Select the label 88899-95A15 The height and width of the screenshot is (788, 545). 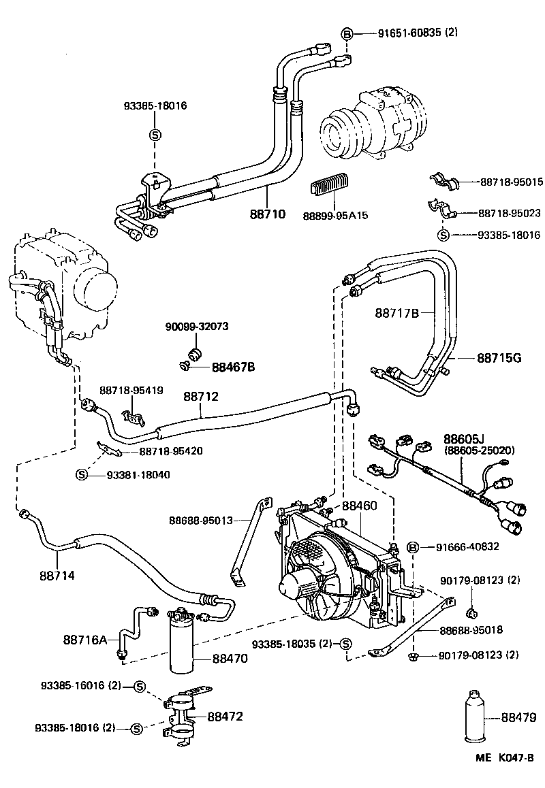(x=335, y=215)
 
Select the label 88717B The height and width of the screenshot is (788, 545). (x=396, y=313)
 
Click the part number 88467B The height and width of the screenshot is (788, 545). (x=233, y=367)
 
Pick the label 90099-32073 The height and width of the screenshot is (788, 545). (x=197, y=327)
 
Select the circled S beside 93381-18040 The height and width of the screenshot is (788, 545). (x=82, y=474)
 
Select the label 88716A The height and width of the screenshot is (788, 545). (x=85, y=640)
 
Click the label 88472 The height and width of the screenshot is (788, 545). (x=225, y=716)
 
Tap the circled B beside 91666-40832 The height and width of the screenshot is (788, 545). (x=411, y=546)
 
